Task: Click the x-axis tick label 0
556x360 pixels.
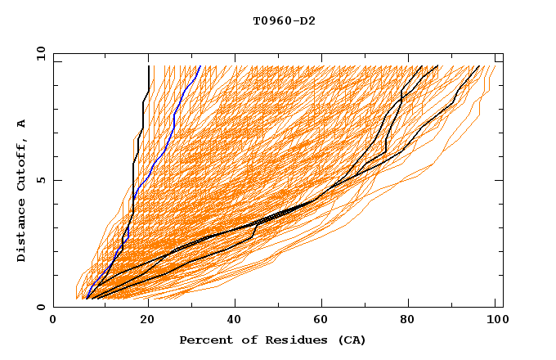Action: (53, 322)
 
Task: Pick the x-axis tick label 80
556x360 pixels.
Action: (412, 322)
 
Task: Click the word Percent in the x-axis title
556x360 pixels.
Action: (204, 340)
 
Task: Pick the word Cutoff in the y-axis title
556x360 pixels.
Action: (22, 164)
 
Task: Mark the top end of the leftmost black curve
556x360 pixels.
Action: (149, 66)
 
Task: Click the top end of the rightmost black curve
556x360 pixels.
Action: (480, 66)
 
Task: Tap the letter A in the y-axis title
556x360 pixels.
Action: (22, 124)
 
